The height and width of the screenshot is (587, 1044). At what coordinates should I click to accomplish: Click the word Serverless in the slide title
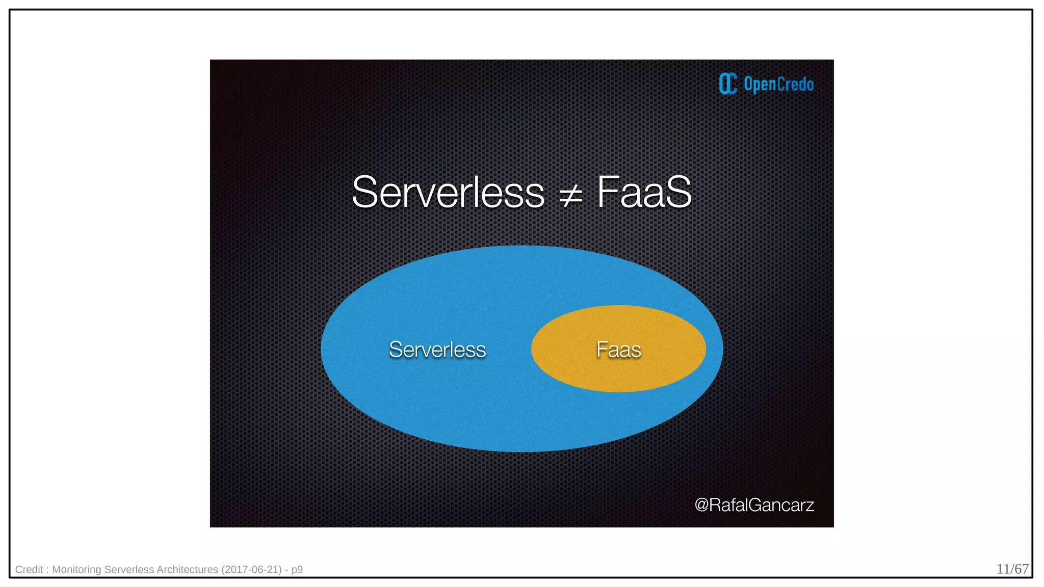tap(448, 193)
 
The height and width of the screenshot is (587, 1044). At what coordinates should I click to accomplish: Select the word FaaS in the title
tap(644, 193)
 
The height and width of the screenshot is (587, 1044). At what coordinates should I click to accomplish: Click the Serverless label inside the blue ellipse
tap(437, 350)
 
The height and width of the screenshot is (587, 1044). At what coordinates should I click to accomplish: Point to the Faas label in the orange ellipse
tap(618, 350)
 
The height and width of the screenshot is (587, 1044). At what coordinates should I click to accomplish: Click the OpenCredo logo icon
tap(728, 84)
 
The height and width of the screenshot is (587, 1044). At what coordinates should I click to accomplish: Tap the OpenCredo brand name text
tap(778, 84)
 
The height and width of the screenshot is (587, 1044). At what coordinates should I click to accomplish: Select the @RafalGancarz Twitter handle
tap(754, 505)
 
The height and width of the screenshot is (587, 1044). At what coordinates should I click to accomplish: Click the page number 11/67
tap(1012, 569)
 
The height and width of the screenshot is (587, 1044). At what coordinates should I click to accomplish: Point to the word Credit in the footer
tap(29, 570)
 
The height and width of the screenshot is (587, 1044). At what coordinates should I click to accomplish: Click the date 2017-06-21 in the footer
tap(251, 570)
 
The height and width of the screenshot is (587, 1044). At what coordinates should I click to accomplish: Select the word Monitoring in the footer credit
tap(76, 570)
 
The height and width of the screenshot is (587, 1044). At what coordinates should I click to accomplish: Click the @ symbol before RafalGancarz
tap(701, 505)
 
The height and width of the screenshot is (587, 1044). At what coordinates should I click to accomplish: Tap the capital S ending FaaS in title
tap(678, 193)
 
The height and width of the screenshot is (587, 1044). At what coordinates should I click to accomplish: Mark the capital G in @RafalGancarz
tap(755, 505)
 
